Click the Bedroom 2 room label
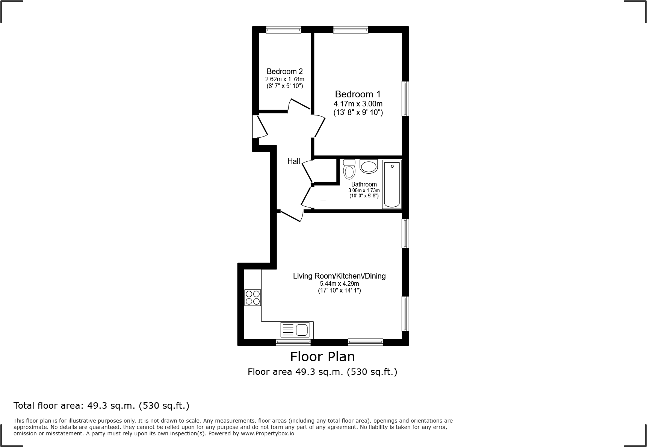click(x=284, y=71)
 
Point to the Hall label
click(x=293, y=161)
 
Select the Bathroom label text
click(x=364, y=184)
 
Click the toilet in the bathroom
click(x=349, y=170)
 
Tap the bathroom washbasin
click(x=369, y=166)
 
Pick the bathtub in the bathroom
click(x=392, y=184)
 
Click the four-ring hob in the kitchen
click(x=252, y=297)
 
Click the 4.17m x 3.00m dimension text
click(x=358, y=104)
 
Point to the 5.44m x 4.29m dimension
click(x=339, y=283)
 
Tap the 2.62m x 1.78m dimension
click(x=284, y=79)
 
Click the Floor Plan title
click(x=322, y=356)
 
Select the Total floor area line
click(x=101, y=406)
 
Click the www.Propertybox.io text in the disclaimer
click(x=268, y=433)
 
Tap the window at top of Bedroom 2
click(x=284, y=30)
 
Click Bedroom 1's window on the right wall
click(x=405, y=99)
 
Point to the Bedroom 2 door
click(x=299, y=104)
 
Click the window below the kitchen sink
click(x=293, y=342)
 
